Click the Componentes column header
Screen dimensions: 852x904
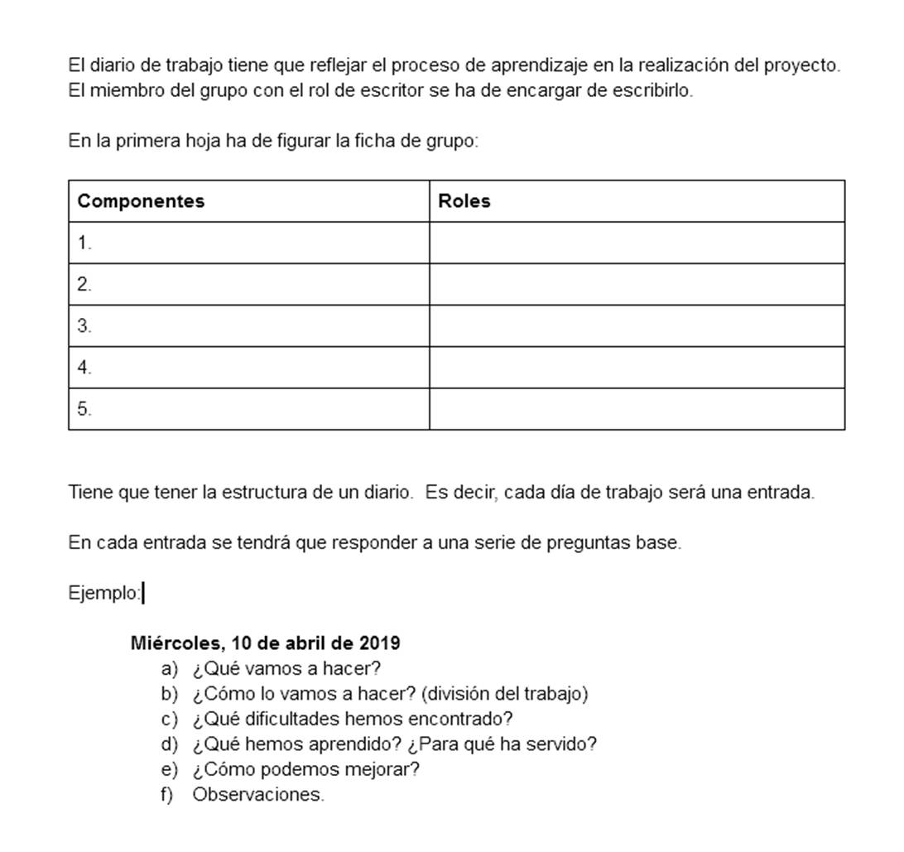[141, 201]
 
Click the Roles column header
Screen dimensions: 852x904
[464, 201]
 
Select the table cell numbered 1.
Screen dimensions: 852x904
[248, 243]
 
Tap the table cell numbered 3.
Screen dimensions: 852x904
[248, 326]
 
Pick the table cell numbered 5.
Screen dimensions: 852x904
[248, 409]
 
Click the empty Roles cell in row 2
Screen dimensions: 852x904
[637, 285]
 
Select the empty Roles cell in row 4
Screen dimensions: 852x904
[637, 368]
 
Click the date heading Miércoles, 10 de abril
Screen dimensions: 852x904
[265, 643]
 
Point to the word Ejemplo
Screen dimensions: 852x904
[103, 594]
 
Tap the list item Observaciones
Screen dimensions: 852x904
[257, 795]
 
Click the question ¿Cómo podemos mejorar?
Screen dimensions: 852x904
[306, 770]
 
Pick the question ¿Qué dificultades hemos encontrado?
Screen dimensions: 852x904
[353, 720]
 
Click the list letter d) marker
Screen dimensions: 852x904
[170, 744]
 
